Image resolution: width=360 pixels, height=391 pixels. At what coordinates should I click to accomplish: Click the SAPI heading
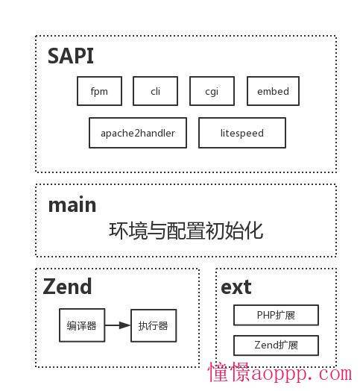[71, 56]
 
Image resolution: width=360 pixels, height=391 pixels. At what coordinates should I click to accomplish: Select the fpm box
[99, 91]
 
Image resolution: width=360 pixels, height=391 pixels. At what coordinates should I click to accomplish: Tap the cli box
[155, 91]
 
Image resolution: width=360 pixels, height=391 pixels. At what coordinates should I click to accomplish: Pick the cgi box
[212, 91]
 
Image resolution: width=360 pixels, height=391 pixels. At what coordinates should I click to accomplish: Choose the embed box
[273, 91]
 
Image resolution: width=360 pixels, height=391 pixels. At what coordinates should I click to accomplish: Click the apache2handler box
[138, 133]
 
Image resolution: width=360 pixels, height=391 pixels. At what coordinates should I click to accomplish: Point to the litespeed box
[242, 133]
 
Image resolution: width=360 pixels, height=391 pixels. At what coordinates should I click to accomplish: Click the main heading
[72, 205]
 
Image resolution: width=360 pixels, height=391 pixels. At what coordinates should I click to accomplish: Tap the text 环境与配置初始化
[186, 231]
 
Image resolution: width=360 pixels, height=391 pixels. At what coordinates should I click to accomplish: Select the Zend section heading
[67, 287]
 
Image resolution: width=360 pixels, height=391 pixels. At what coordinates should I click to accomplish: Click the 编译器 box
[82, 325]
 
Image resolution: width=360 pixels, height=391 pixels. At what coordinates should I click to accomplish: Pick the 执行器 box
[154, 325]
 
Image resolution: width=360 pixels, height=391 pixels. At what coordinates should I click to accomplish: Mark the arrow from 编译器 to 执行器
[118, 325]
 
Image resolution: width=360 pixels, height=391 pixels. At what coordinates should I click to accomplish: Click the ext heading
[236, 287]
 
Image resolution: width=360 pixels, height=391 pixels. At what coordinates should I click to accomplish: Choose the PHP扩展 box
[276, 315]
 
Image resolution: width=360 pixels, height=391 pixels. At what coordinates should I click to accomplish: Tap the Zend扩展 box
[276, 345]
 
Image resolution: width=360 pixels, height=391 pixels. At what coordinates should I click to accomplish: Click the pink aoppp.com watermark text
[302, 374]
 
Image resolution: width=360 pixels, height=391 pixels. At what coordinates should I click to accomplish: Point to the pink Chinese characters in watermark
[229, 372]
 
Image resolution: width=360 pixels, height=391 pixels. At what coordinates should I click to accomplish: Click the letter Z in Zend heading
[49, 287]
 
